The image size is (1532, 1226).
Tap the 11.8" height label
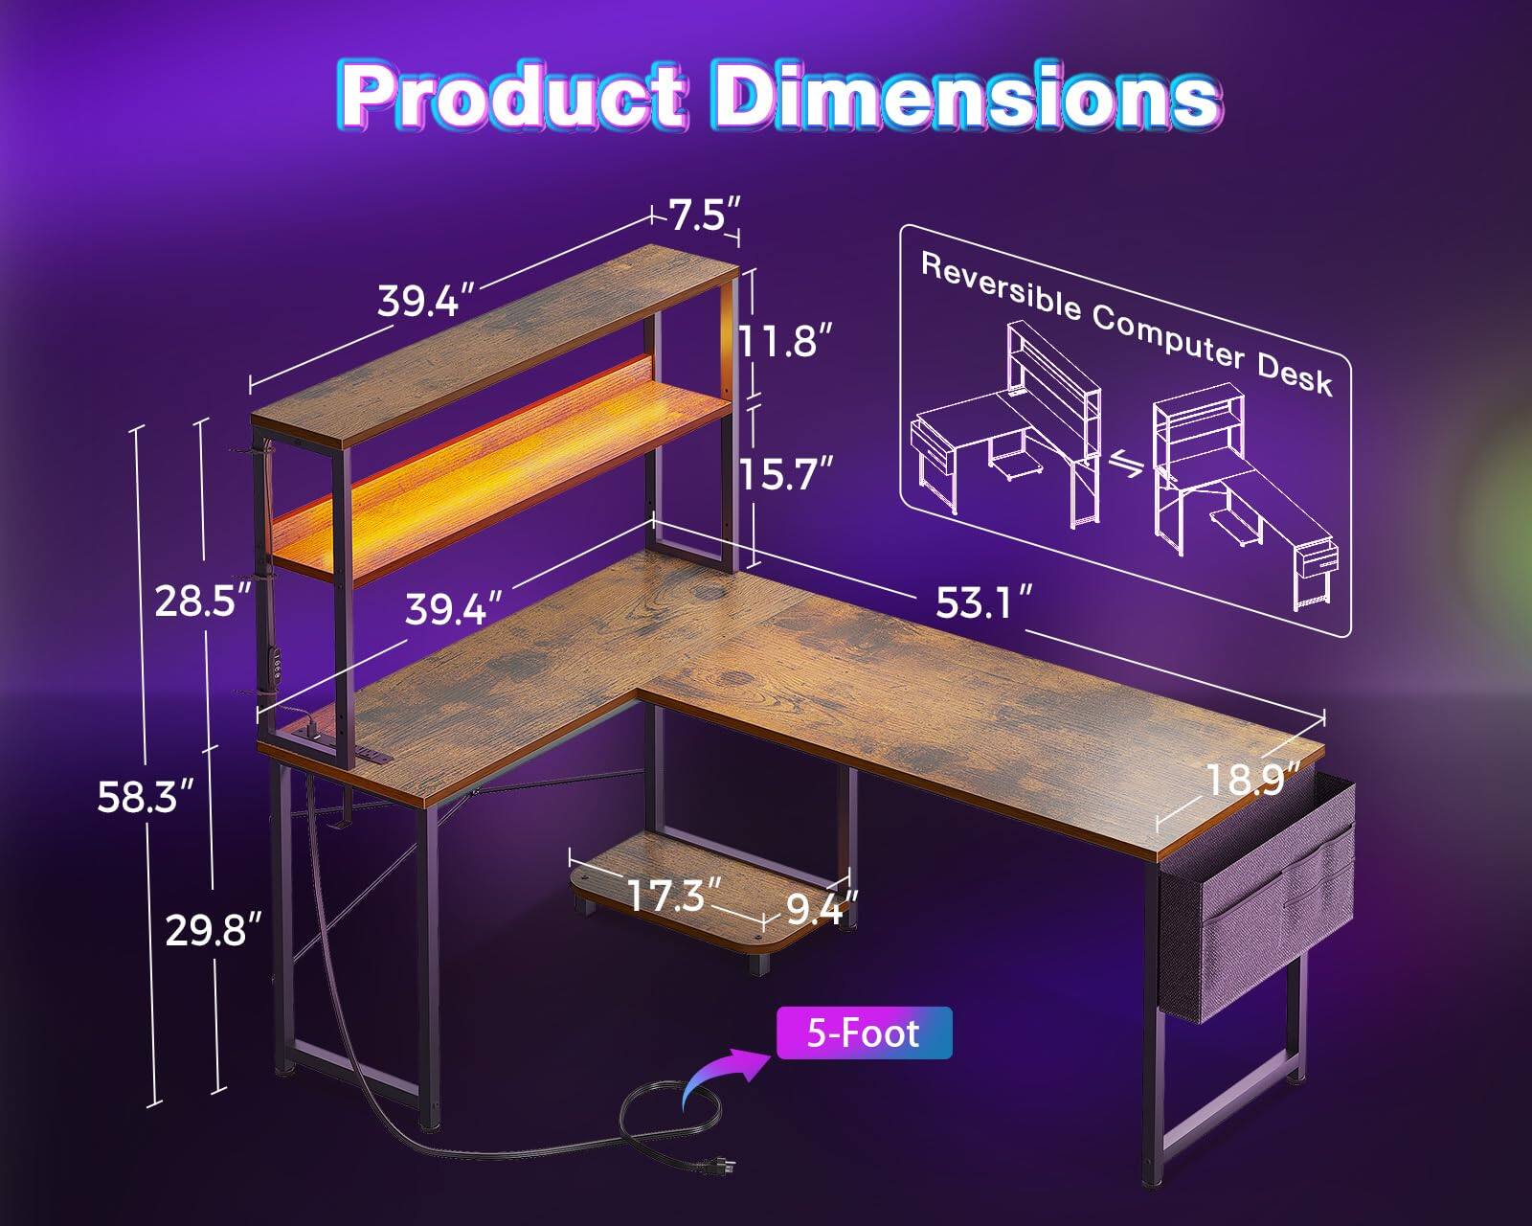[x=782, y=339]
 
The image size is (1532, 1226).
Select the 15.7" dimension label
[x=783, y=472]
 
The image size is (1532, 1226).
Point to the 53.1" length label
[x=983, y=603]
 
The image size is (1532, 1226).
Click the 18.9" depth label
[x=1253, y=778]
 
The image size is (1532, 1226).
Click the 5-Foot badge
[x=864, y=1033]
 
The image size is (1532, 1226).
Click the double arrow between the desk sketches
[x=1127, y=465]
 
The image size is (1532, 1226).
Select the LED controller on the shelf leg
[x=277, y=663]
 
